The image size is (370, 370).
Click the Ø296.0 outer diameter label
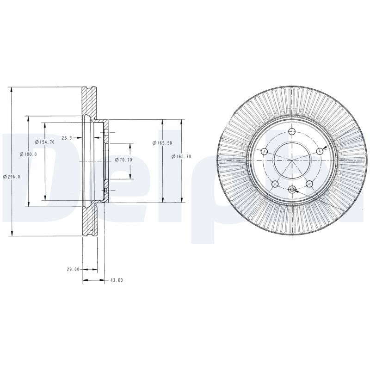click(12, 177)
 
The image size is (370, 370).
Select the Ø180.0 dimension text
click(28, 154)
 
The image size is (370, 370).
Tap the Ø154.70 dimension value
click(45, 142)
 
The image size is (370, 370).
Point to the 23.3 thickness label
click(67, 138)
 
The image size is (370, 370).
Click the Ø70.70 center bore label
click(123, 160)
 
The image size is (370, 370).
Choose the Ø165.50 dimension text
click(162, 143)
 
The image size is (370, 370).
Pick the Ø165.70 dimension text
click(181, 156)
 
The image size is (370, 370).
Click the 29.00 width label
click(73, 269)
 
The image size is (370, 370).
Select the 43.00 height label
click(117, 280)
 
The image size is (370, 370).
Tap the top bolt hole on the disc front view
click(292, 131)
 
